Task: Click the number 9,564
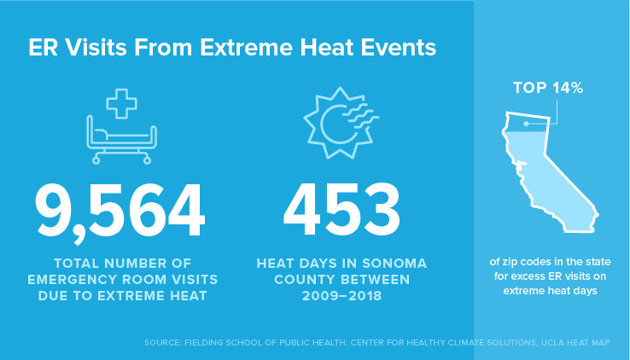pyautogui.click(x=120, y=212)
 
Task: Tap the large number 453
pyautogui.click(x=341, y=209)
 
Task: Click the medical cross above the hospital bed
pyautogui.click(x=122, y=103)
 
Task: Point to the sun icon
pyautogui.click(x=341, y=123)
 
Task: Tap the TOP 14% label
pyautogui.click(x=548, y=88)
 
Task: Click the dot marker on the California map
pyautogui.click(x=527, y=124)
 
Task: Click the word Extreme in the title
pyautogui.click(x=247, y=48)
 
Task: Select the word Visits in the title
pyautogui.click(x=96, y=48)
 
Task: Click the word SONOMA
pyautogui.click(x=394, y=264)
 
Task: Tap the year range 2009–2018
pyautogui.click(x=341, y=296)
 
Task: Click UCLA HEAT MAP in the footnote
pyautogui.click(x=575, y=343)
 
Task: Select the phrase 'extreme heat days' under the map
pyautogui.click(x=550, y=291)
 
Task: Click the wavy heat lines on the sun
pyautogui.click(x=361, y=116)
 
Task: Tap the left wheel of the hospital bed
pyautogui.click(x=96, y=161)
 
